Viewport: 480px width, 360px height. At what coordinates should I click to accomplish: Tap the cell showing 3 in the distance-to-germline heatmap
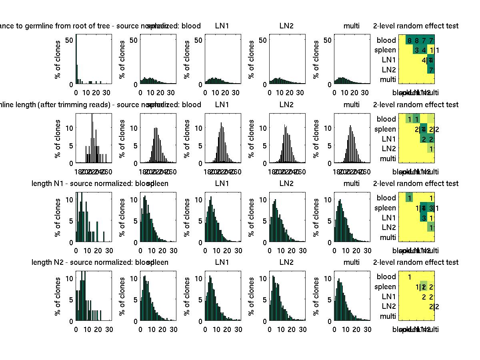[x=417, y=50]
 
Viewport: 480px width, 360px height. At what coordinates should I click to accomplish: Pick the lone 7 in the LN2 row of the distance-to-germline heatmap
[x=431, y=70]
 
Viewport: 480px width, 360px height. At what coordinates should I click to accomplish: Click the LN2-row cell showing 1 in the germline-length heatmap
[x=431, y=149]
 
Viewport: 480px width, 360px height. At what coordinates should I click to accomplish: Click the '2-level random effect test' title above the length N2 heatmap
[x=416, y=262]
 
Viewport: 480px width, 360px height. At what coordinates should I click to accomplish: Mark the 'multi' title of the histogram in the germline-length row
[x=352, y=105]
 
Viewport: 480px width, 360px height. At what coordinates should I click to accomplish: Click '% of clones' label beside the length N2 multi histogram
[x=316, y=296]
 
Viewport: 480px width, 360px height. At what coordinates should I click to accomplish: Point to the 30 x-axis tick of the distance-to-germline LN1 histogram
[x=236, y=93]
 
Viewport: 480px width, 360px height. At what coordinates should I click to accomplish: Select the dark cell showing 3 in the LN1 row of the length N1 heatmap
[x=424, y=218]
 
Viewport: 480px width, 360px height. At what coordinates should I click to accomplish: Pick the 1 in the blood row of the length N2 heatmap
[x=410, y=277]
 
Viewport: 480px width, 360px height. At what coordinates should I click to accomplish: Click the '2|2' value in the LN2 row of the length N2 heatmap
[x=434, y=307]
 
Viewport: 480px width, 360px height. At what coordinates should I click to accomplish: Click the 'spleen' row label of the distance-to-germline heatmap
[x=385, y=50]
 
